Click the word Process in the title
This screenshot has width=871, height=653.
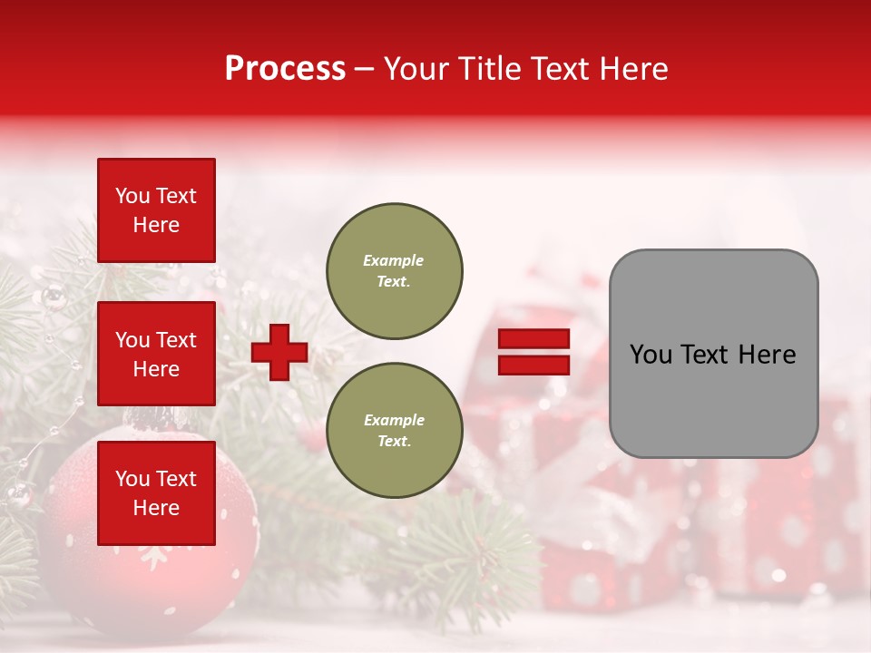tap(285, 69)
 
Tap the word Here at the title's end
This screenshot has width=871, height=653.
tap(632, 69)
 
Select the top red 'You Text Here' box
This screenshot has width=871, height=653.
tap(156, 210)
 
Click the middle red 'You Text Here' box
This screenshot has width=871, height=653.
tap(156, 354)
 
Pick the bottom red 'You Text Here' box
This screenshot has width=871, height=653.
tap(156, 492)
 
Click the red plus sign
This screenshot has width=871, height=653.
tap(279, 352)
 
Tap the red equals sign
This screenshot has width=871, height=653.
tap(533, 352)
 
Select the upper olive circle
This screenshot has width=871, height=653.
tap(394, 270)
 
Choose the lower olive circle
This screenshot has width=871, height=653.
tap(394, 430)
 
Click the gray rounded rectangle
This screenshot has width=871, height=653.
tap(713, 399)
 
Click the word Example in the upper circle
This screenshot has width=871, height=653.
tap(394, 260)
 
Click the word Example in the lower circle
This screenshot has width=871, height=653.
tap(394, 420)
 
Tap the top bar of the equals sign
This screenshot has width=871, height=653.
tap(533, 338)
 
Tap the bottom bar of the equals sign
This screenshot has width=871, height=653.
tap(533, 365)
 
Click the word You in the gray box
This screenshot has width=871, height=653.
tap(650, 355)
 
